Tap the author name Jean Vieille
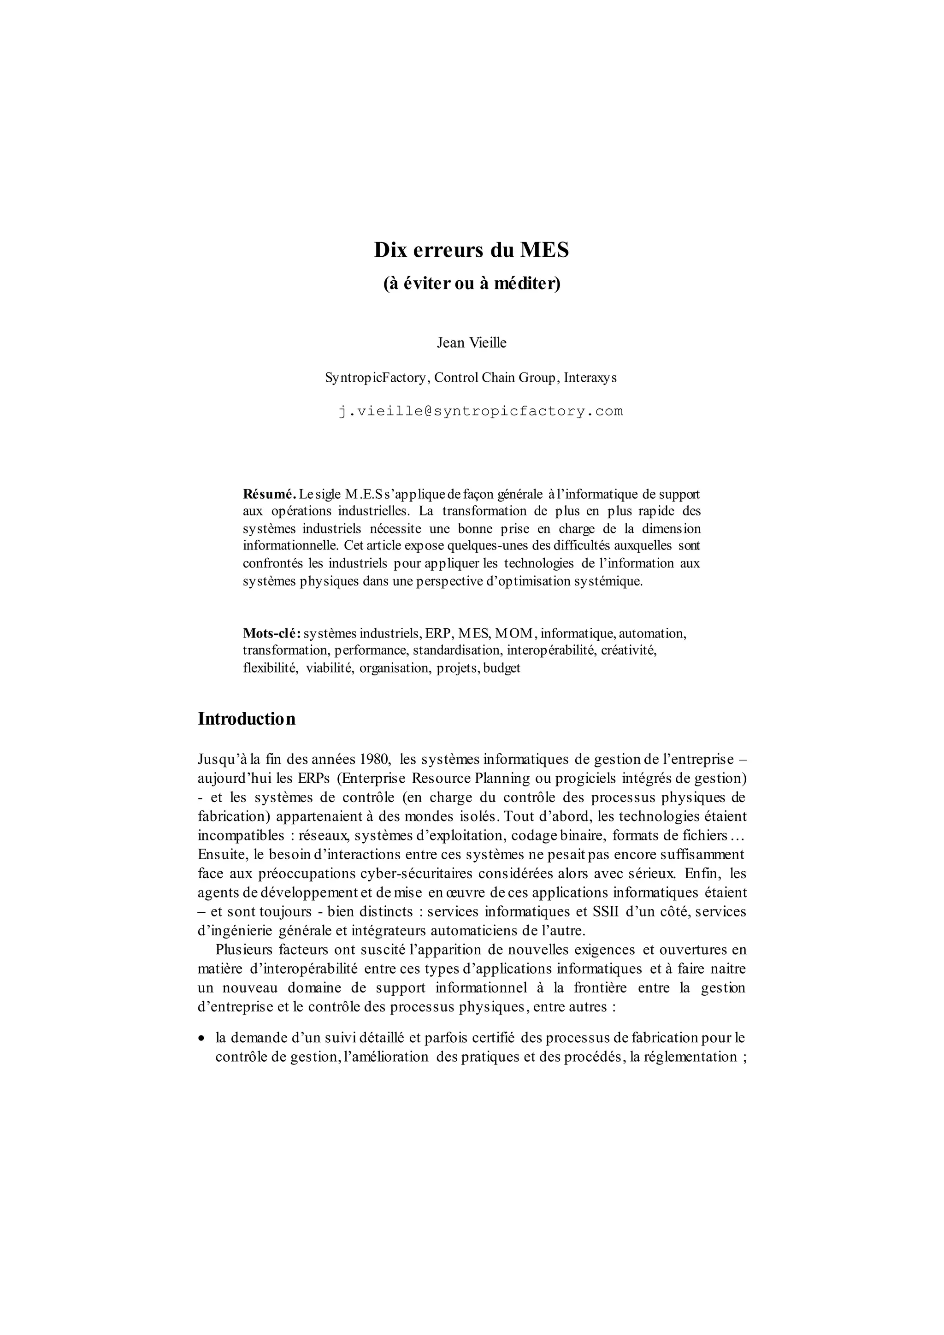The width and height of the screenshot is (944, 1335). (x=472, y=343)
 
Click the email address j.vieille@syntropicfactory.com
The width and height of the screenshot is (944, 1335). (x=480, y=411)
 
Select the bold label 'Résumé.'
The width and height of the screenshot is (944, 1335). (x=269, y=494)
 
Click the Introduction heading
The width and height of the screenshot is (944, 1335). (x=247, y=719)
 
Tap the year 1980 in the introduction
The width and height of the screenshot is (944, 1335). (x=376, y=759)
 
